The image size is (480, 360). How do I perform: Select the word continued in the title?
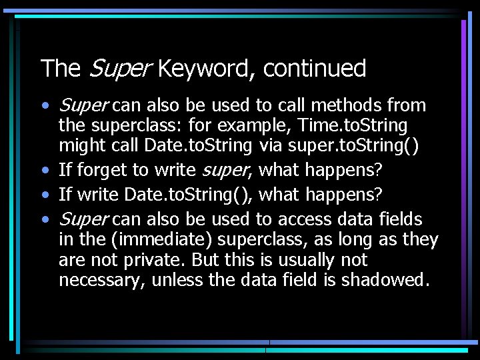click(x=315, y=69)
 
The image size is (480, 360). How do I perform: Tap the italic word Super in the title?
click(x=119, y=69)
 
